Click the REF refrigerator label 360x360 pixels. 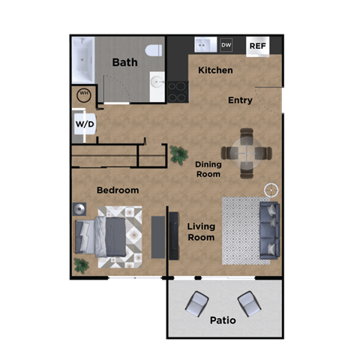(x=257, y=46)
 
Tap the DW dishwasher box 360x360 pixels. (x=226, y=46)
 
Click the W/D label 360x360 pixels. (x=85, y=124)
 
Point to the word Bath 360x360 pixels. (x=124, y=62)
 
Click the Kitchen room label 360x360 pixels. (x=215, y=70)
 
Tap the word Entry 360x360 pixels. (x=240, y=100)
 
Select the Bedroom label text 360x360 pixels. (x=118, y=190)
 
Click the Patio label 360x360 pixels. (x=223, y=320)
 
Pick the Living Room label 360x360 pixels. (x=200, y=232)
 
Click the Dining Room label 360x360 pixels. (x=208, y=169)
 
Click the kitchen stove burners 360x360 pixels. (x=178, y=91)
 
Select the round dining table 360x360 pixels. (x=247, y=153)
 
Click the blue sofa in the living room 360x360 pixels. (x=268, y=230)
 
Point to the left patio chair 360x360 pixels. (x=196, y=303)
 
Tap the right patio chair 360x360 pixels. (x=249, y=303)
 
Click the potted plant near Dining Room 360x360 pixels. (x=179, y=154)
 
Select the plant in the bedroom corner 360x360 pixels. (x=81, y=265)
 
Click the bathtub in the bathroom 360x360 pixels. (x=82, y=62)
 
